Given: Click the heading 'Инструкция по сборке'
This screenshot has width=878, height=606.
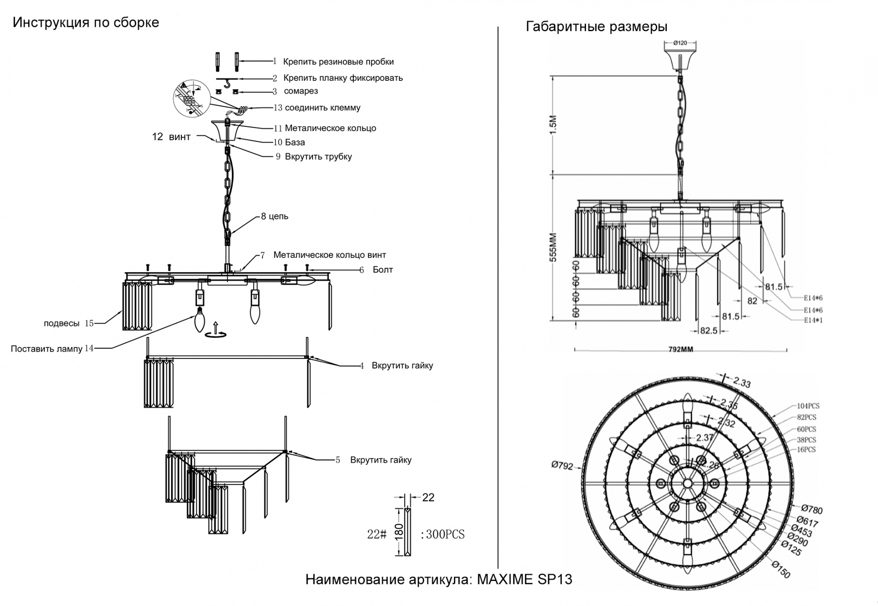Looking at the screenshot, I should [x=86, y=22].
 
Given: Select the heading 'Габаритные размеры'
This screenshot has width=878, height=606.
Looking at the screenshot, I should [x=596, y=27].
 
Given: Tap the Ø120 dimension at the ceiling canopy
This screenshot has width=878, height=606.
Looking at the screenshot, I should [x=680, y=43].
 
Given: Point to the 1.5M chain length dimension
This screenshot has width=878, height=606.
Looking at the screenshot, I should [x=553, y=125].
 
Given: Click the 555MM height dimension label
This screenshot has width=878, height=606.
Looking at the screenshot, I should [x=553, y=247].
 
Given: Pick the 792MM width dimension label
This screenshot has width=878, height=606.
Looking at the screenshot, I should [x=680, y=350].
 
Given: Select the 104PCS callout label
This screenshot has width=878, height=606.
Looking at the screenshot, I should [x=808, y=406].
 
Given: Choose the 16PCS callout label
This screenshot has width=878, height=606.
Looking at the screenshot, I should [x=806, y=450].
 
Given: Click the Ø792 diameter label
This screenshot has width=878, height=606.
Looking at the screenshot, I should [x=562, y=465].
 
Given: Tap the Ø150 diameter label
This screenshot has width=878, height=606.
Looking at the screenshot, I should [x=781, y=570].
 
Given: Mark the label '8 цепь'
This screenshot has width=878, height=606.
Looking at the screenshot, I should [x=274, y=216].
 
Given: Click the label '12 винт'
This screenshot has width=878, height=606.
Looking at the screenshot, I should [x=171, y=137].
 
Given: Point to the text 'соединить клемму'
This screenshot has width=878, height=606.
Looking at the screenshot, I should [x=323, y=108].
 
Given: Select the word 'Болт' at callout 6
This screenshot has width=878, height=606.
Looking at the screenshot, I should [x=382, y=270].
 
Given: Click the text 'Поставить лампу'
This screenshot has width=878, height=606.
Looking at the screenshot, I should [x=47, y=349].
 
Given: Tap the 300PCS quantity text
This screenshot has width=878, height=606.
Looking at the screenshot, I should [x=445, y=534].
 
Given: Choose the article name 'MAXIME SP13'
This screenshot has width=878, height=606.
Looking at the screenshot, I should [x=525, y=580].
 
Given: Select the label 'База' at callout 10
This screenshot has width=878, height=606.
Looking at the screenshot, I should [x=295, y=142].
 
